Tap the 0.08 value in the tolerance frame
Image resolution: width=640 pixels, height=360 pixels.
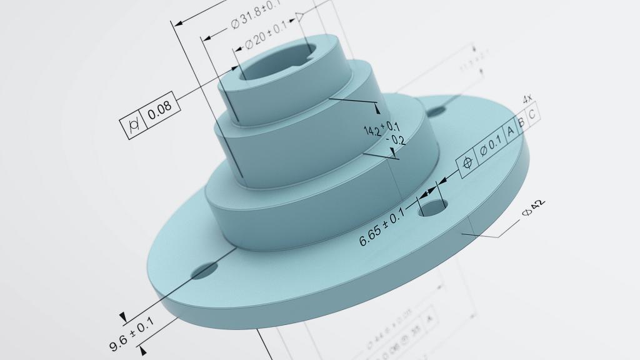(x=160, y=107)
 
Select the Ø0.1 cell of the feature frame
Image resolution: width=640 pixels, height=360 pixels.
(x=491, y=146)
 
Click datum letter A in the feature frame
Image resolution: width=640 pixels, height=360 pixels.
(x=510, y=131)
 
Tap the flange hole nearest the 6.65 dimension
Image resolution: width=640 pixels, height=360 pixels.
(x=432, y=207)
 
